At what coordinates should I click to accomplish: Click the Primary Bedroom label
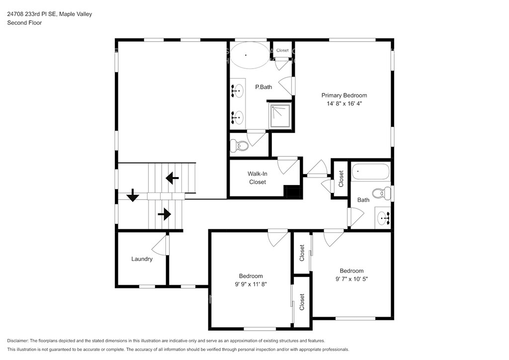click(x=344, y=95)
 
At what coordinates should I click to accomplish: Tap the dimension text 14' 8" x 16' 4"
click(x=344, y=103)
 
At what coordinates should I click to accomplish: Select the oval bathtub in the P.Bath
click(x=250, y=55)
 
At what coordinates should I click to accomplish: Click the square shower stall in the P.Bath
click(x=280, y=116)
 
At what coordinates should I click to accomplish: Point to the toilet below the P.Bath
click(x=239, y=146)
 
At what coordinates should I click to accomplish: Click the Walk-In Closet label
click(x=257, y=178)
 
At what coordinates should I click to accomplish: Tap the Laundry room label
click(x=142, y=259)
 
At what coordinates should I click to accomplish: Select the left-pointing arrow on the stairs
click(x=172, y=178)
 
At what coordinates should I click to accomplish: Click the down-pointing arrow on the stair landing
click(x=132, y=195)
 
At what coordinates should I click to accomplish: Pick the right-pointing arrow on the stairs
click(x=164, y=214)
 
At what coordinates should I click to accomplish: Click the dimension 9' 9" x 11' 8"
click(x=251, y=284)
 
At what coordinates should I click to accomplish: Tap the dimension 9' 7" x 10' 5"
click(x=351, y=279)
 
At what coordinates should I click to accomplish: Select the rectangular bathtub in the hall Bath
click(x=370, y=172)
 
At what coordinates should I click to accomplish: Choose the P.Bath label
click(x=263, y=87)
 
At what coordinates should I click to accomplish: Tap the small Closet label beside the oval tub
click(x=282, y=50)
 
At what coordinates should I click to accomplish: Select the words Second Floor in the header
click(x=24, y=23)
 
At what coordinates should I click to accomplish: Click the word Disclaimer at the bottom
click(x=17, y=341)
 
